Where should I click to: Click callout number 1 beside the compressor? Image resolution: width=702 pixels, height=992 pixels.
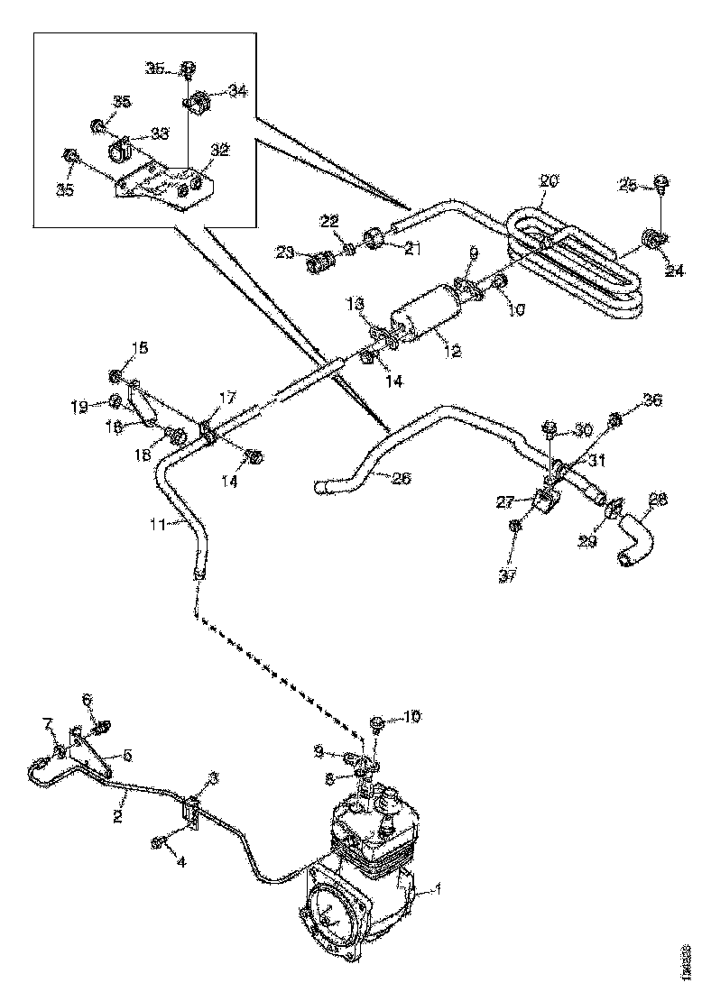(x=439, y=889)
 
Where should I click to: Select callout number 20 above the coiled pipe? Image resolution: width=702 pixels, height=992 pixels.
(x=550, y=180)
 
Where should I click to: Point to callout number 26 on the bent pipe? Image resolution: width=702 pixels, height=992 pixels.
(x=402, y=478)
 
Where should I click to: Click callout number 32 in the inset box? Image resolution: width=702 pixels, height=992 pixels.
(x=219, y=150)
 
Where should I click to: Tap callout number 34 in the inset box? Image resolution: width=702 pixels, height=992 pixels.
(x=237, y=90)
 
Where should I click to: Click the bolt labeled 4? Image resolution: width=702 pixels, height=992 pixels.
(x=159, y=842)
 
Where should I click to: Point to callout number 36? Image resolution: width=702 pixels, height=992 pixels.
(x=651, y=399)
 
